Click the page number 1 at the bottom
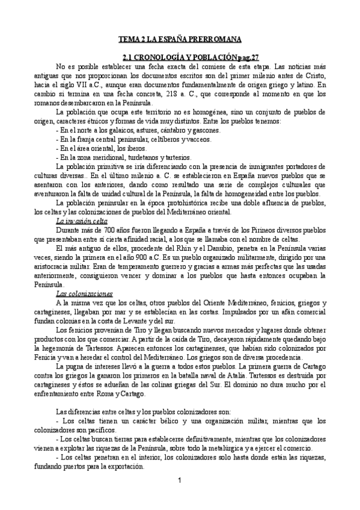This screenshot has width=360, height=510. [180, 481]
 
